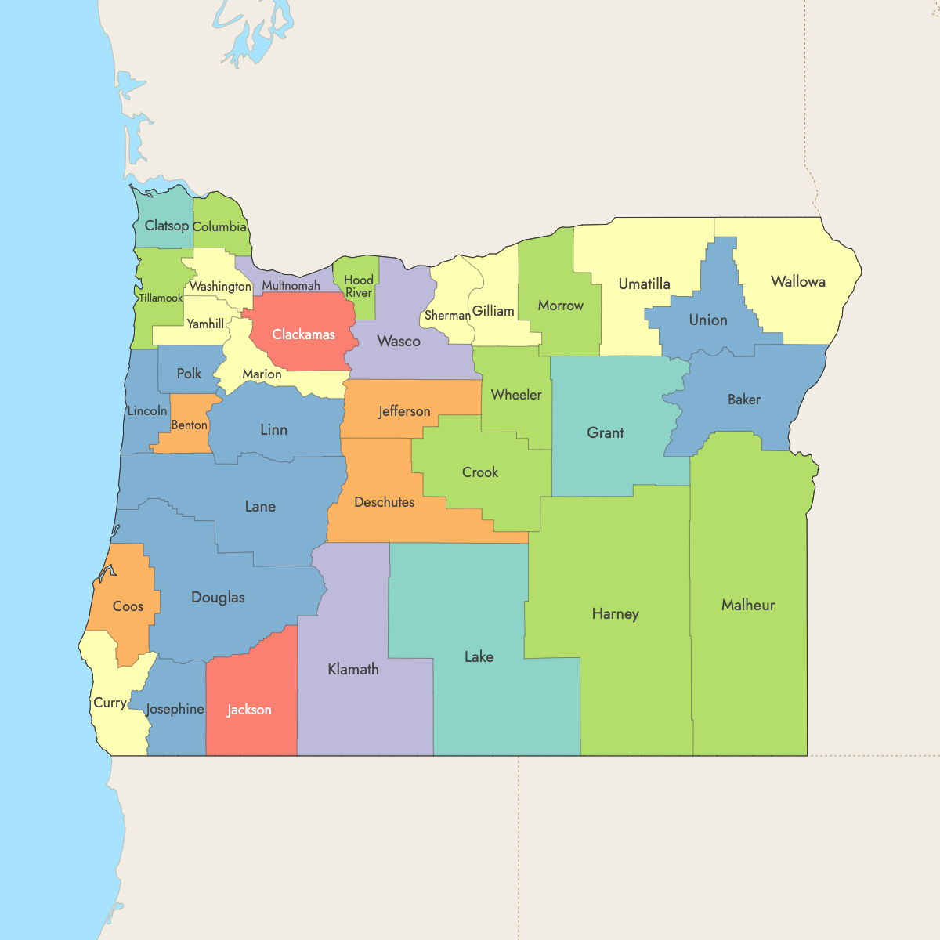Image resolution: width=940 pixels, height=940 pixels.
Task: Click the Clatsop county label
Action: pos(167,226)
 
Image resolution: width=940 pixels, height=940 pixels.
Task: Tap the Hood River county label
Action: pos(359,286)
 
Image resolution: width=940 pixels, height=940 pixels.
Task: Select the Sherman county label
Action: pos(447,316)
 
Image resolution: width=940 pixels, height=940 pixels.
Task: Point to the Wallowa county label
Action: pos(797,282)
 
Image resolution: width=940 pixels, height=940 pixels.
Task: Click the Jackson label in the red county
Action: pos(249,710)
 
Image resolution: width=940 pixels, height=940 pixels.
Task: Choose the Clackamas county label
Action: pos(303,334)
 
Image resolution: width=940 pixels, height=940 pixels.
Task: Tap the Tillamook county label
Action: pos(161,298)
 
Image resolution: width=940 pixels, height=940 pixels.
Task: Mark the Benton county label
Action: pos(190,425)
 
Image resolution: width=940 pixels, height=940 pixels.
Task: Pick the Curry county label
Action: pos(110,703)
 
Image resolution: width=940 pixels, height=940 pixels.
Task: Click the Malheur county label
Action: pos(748,605)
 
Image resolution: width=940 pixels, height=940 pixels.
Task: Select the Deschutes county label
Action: pos(385,502)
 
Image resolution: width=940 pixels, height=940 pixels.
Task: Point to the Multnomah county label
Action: pos(291,286)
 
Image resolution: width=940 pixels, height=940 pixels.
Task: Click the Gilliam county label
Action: pos(493,311)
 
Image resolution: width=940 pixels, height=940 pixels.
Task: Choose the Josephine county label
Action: pos(175,709)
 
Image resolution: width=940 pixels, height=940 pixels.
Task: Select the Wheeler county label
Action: pos(516,395)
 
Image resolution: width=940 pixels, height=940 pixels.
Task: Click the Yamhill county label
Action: pos(205,324)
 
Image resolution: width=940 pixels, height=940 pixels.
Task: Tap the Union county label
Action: pos(708,320)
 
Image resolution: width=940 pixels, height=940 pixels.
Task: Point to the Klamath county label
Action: pos(353,669)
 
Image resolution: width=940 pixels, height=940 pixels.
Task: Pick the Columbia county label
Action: pos(219,226)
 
